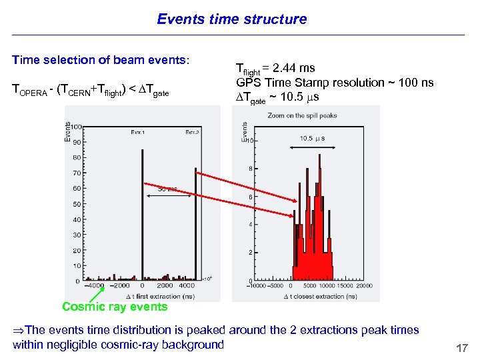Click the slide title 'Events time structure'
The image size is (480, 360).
tap(232, 19)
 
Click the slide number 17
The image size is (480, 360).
tap(461, 348)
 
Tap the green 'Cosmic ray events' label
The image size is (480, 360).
tap(115, 307)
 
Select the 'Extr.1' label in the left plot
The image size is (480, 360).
tap(139, 132)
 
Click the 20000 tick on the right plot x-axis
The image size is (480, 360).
tap(365, 286)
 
